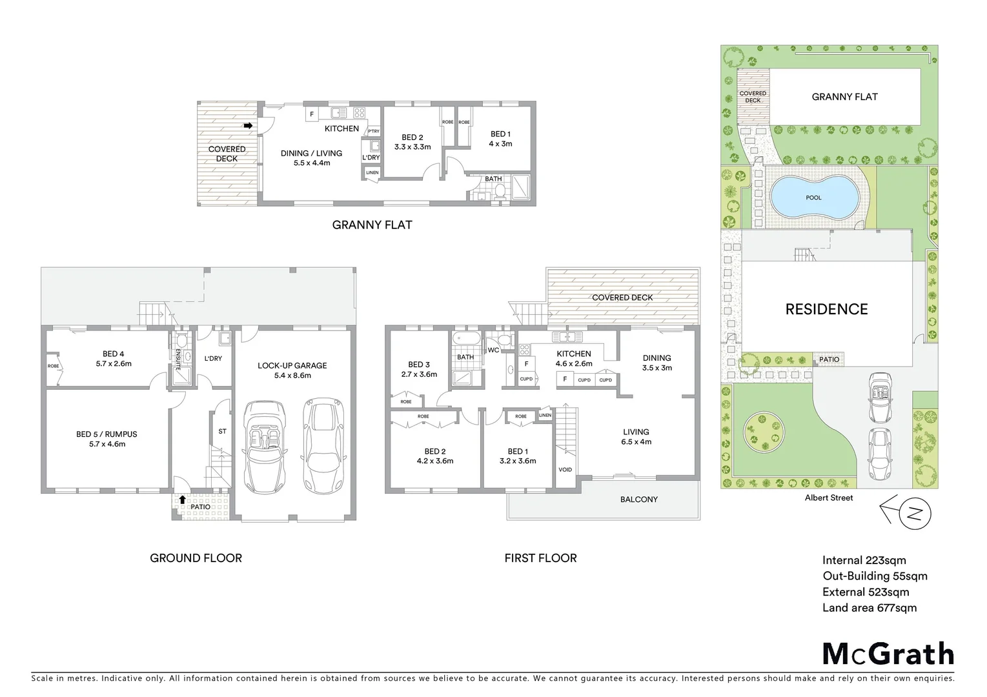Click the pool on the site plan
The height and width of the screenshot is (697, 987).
pos(813,197)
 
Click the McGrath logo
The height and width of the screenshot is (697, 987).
pos(888,654)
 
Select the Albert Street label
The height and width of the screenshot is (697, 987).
pos(829,498)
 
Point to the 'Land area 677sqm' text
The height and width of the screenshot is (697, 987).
pos(869,607)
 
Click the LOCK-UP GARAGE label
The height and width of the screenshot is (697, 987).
pos(292,365)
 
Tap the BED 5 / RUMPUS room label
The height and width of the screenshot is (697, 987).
pos(107,434)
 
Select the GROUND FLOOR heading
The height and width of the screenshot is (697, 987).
pos(196,558)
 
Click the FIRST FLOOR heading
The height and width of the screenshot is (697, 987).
pos(540,558)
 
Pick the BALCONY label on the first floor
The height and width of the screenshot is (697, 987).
pos(638,499)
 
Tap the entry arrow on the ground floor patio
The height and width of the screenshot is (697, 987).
pos(183,499)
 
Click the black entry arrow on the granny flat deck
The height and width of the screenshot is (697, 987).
pos(248,126)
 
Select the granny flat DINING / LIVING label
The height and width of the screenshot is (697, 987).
pos(311,154)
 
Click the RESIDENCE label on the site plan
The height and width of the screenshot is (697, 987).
pos(826,309)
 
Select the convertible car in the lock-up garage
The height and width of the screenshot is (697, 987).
pos(265,445)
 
